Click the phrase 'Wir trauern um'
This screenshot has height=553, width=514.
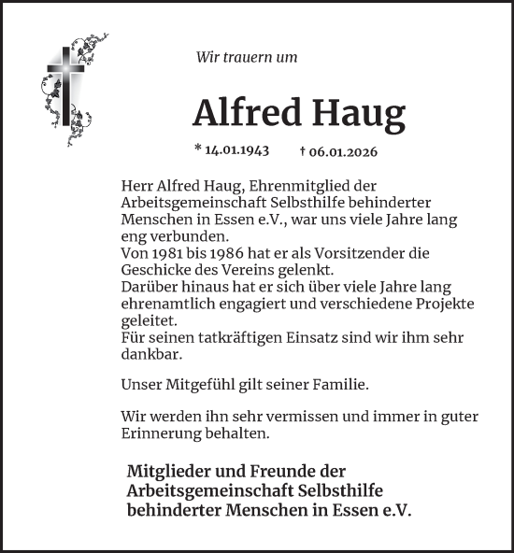247,57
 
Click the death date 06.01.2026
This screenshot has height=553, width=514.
344,150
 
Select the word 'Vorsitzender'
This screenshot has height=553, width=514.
357,253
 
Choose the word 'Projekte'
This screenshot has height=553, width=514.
447,304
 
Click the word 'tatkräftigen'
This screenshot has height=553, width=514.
250,337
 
